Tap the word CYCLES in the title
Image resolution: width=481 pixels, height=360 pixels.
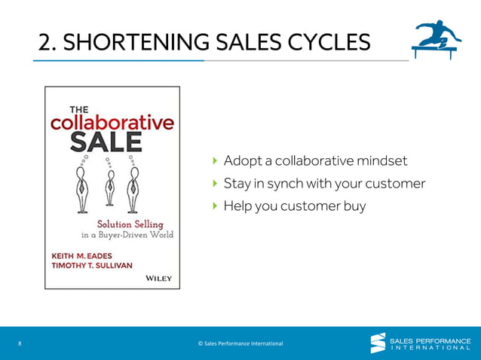coord(329,43)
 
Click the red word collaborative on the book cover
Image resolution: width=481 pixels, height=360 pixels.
coord(112,122)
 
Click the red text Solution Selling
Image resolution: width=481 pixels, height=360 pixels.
coord(130,224)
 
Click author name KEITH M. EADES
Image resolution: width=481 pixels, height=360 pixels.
coord(85,254)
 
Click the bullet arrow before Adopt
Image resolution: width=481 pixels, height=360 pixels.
coord(215,161)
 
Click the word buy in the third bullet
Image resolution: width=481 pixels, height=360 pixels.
coord(354,205)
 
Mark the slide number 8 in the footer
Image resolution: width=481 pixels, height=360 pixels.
coord(19,343)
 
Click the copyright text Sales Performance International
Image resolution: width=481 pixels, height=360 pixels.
coord(240,343)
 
